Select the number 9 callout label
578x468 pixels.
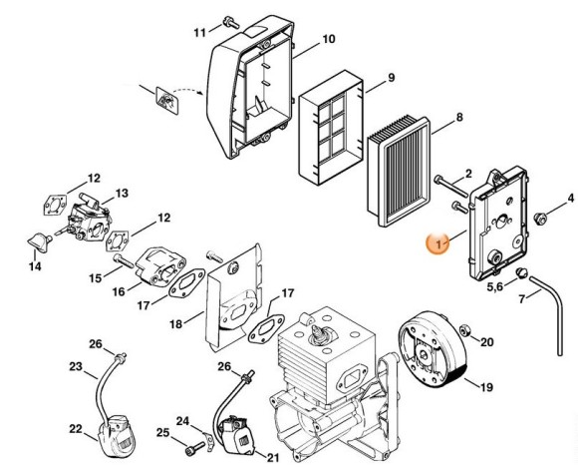pyautogui.click(x=392, y=78)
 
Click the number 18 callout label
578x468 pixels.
pyautogui.click(x=175, y=324)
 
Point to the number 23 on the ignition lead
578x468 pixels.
pyautogui.click(x=75, y=366)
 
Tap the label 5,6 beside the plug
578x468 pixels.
pyautogui.click(x=494, y=287)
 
